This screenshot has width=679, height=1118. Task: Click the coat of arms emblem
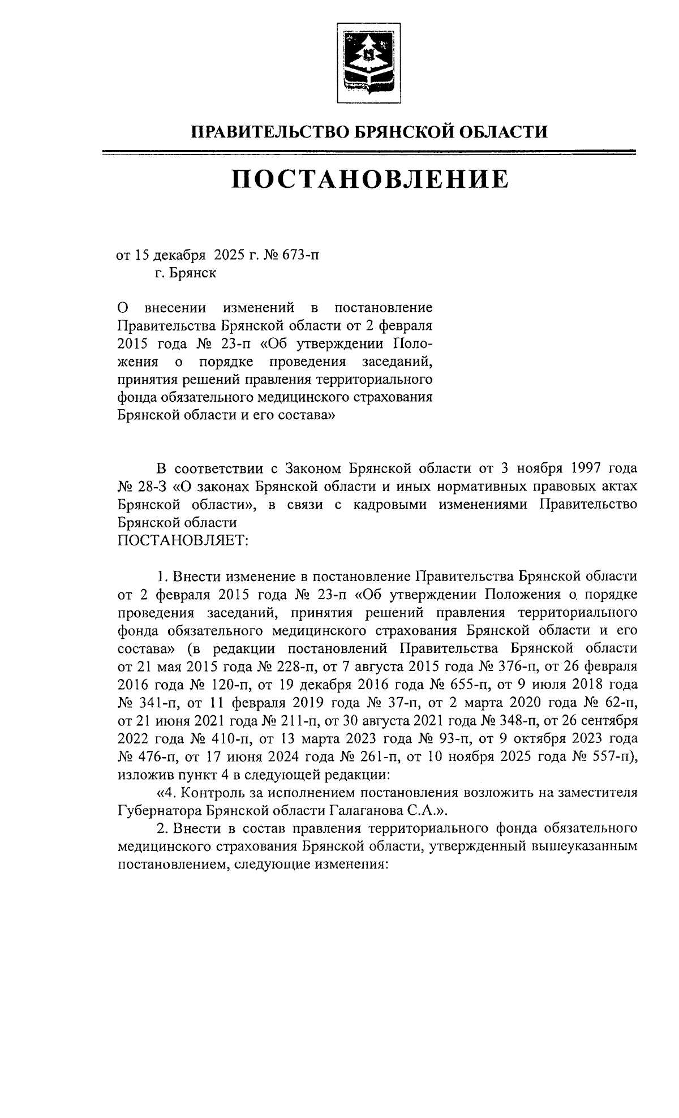(x=368, y=63)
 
